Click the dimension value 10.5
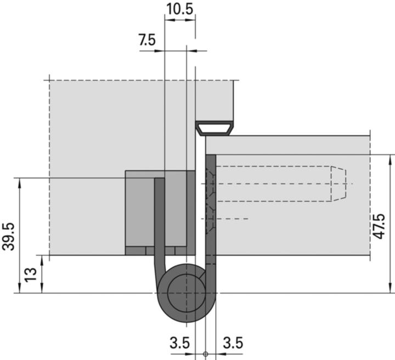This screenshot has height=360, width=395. [179, 9]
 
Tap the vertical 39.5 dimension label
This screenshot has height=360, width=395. [9, 236]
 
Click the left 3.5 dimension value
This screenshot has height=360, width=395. [179, 344]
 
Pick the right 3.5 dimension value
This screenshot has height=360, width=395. [232, 344]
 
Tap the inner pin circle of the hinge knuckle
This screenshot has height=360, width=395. [182, 292]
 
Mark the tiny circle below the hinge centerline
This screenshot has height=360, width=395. [205, 353]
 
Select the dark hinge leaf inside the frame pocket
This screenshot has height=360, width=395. [159, 219]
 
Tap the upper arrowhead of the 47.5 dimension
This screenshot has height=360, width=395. [390, 159]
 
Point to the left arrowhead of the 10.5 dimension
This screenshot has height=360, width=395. [168, 20]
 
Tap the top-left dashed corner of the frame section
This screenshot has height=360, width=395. [49, 81]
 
